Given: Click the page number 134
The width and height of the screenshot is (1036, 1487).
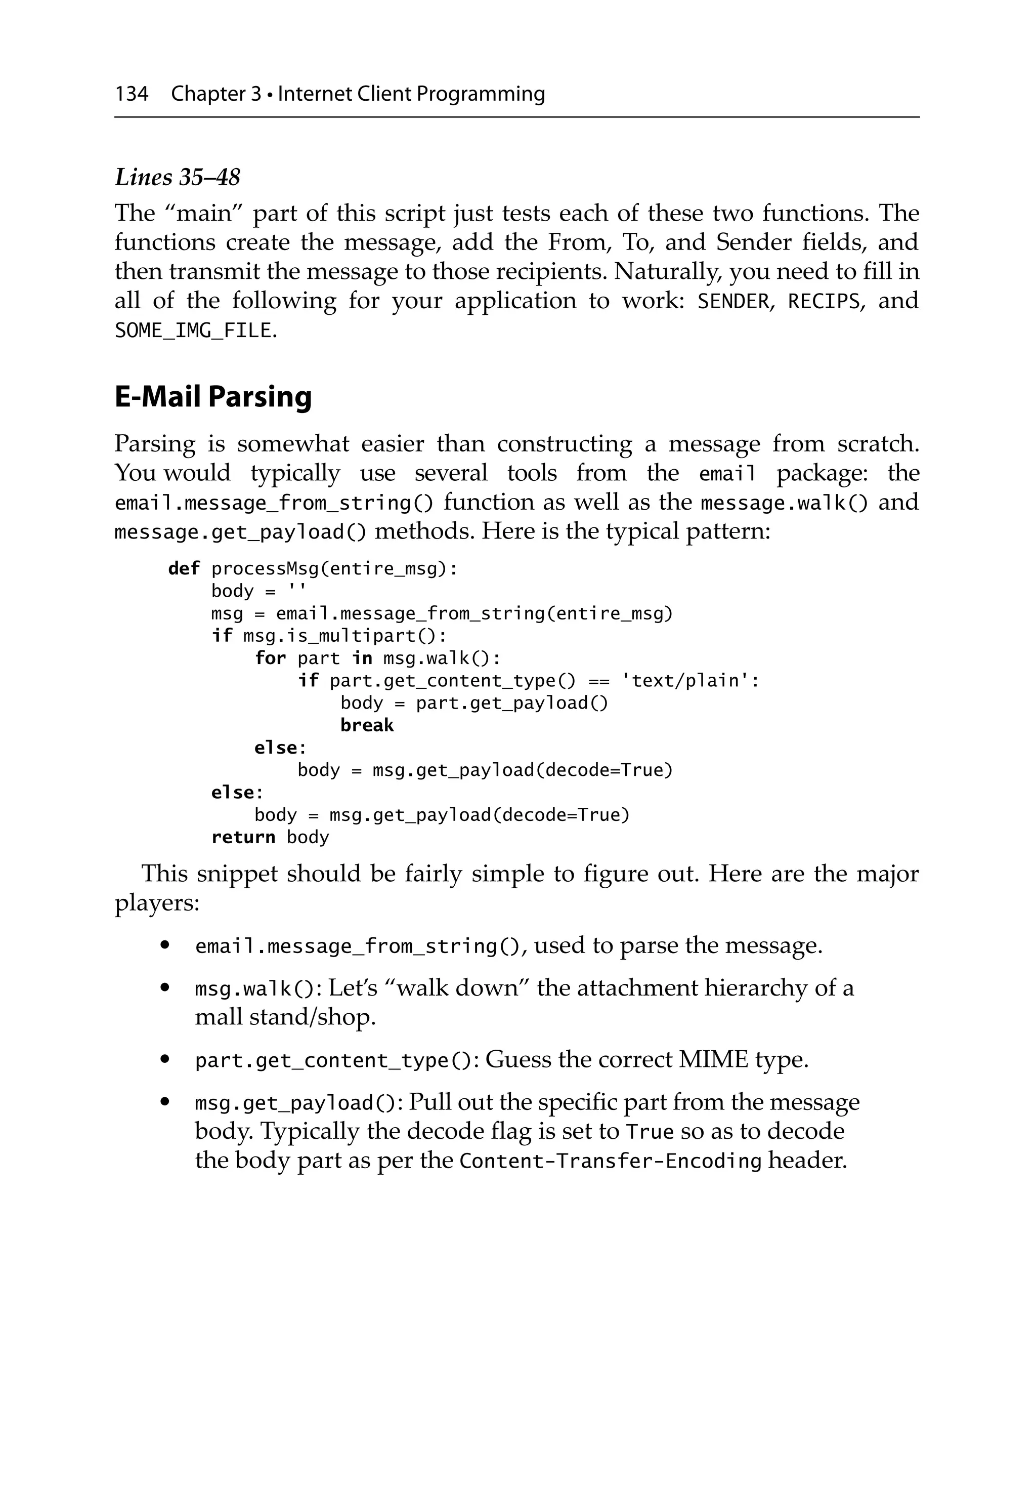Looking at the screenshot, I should [132, 94].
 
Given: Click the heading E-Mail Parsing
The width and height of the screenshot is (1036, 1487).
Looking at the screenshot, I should [213, 396].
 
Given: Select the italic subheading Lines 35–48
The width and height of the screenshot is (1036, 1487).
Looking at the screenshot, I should [178, 177].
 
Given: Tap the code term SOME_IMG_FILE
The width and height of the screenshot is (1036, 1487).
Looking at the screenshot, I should [193, 331].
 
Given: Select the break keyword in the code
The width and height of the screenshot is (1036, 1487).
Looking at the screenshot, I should [366, 725].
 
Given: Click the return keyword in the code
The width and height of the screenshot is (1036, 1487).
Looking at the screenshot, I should [243, 838].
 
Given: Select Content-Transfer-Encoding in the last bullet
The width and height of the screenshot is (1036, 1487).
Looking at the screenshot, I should [610, 1160].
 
